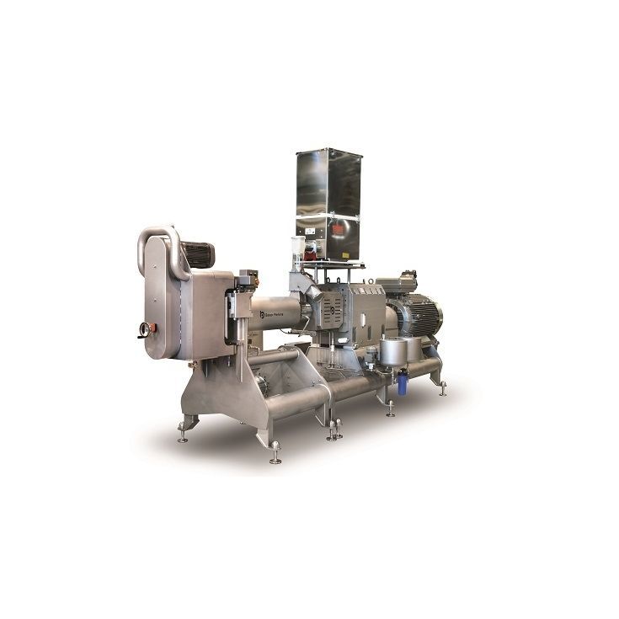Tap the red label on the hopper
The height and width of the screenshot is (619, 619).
[340, 229]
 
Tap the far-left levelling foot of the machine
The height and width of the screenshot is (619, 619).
[183, 436]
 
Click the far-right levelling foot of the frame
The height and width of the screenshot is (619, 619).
[442, 389]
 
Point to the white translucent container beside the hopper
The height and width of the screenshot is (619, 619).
[297, 247]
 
